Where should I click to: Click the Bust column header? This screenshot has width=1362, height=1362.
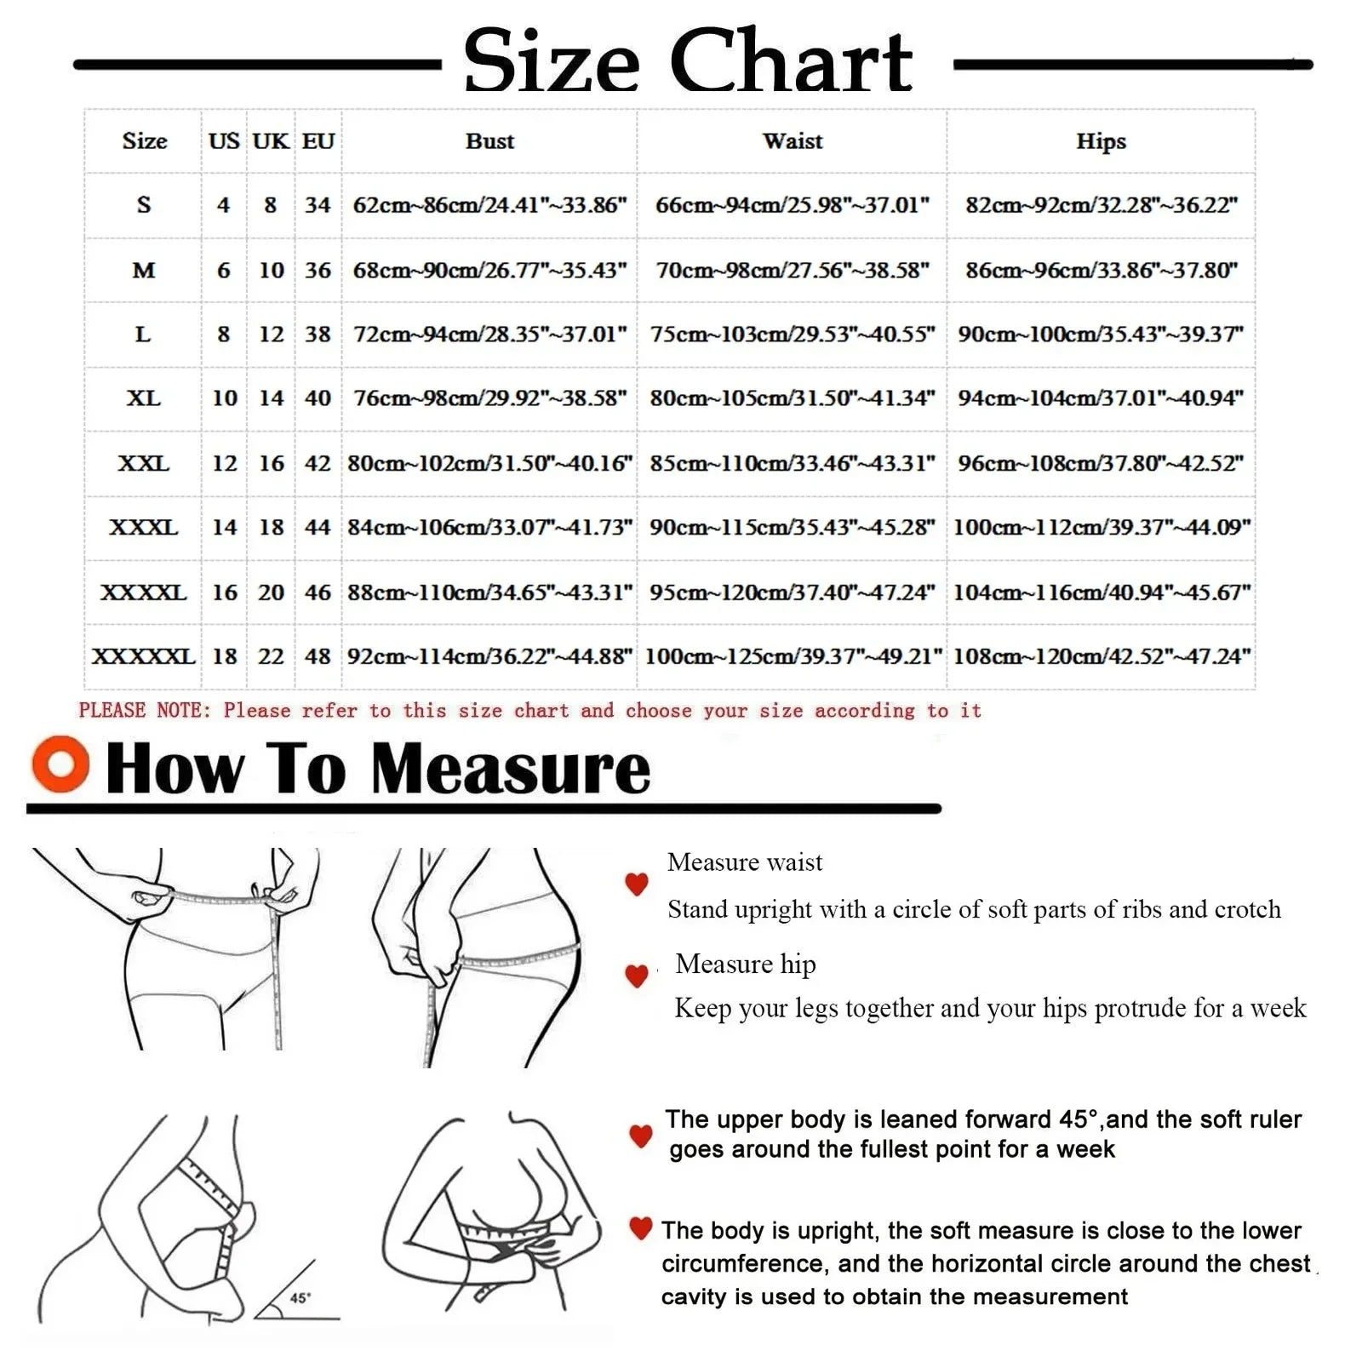coord(489,140)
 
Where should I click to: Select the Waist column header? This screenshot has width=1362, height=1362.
coord(793,140)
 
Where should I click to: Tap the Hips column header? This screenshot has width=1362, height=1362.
coord(1101,141)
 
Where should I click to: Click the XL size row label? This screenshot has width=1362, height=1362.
coord(143,398)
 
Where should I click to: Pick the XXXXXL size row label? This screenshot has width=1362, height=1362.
coord(143,656)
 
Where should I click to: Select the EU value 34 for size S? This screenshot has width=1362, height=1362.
coord(318,204)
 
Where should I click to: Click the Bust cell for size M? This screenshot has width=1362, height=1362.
coord(489,270)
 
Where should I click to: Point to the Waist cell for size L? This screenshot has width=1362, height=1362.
coord(793,334)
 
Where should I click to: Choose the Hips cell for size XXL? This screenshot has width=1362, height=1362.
coord(1101,463)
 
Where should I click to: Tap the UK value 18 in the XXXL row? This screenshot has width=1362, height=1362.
coord(271,527)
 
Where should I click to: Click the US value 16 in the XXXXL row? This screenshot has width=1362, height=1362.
coord(225,592)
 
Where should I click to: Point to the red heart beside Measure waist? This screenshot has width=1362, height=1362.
coord(637,884)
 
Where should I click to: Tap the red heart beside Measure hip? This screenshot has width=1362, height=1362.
coord(637,976)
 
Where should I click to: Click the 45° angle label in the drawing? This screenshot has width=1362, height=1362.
coord(300,1298)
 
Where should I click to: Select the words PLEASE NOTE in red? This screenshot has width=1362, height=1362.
coord(144,710)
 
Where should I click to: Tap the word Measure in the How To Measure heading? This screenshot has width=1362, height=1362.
coord(511,768)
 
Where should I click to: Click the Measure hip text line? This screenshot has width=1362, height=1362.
coord(746,964)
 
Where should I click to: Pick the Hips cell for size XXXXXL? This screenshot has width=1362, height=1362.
coord(1102,656)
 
